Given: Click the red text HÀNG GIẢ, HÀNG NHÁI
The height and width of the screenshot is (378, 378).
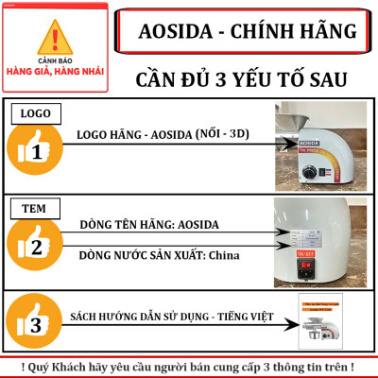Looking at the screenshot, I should click(x=56, y=70).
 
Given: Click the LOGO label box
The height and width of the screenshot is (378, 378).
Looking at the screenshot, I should click(x=35, y=114).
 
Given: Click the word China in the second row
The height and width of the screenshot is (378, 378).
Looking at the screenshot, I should click(x=225, y=254).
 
